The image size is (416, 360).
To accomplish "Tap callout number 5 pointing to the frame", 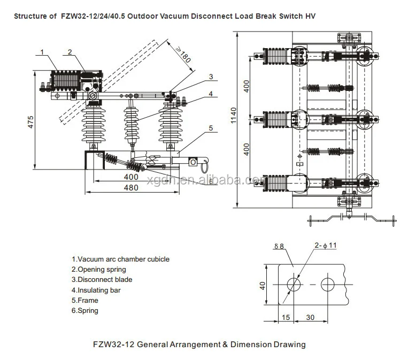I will click(x=211, y=128).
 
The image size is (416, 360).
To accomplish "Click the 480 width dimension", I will click(x=131, y=187).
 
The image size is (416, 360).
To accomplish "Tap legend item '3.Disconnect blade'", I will click(x=102, y=279).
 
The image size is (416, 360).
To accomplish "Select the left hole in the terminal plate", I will click(x=294, y=284).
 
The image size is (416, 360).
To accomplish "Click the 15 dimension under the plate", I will click(x=286, y=317).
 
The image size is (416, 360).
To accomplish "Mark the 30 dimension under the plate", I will click(x=310, y=317).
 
